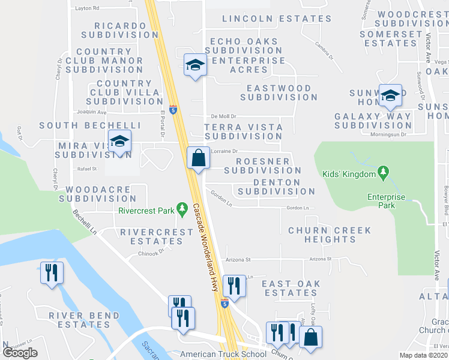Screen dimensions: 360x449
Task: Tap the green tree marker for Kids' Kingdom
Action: click(x=382, y=174)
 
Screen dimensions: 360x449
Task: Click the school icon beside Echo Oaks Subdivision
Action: click(x=195, y=64)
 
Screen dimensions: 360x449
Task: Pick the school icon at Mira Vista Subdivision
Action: click(x=119, y=143)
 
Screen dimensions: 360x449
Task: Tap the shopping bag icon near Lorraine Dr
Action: click(x=198, y=158)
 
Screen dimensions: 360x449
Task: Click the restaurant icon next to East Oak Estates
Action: click(x=234, y=286)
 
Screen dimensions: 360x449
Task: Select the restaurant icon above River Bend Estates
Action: click(x=51, y=273)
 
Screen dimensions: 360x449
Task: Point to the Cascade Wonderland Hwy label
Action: click(x=205, y=245)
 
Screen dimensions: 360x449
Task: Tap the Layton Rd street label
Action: click(x=87, y=8)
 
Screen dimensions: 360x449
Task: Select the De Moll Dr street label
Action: click(x=224, y=116)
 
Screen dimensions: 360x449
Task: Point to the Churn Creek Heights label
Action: click(x=330, y=235)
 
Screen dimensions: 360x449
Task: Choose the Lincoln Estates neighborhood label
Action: click(x=276, y=19)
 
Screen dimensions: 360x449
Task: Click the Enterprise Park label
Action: click(x=387, y=201)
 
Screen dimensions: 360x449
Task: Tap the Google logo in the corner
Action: click(x=20, y=352)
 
